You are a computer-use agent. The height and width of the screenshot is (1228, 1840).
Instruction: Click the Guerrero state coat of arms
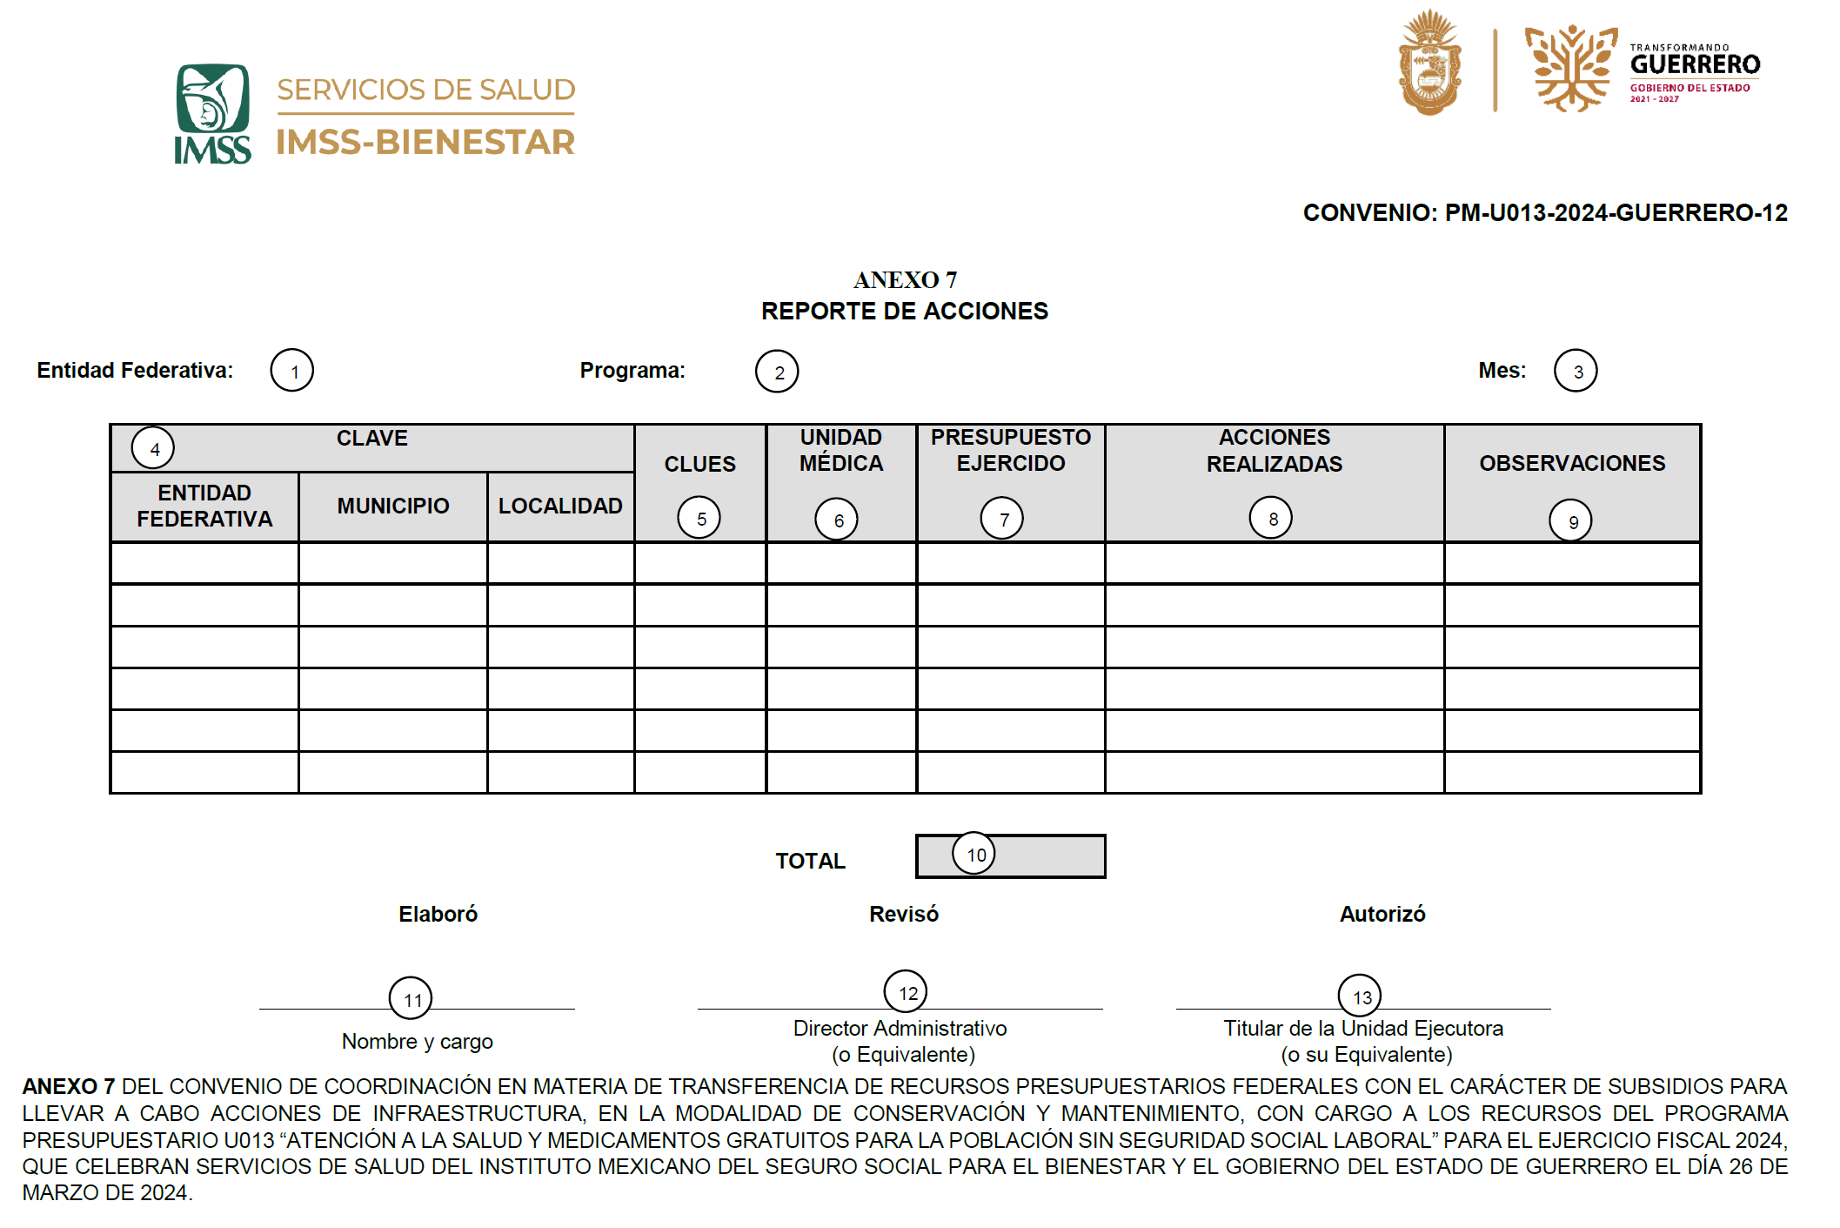(1429, 63)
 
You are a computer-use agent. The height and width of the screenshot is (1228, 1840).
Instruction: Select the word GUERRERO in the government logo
(1695, 64)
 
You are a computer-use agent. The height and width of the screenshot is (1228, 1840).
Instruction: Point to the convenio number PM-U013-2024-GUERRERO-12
(1616, 213)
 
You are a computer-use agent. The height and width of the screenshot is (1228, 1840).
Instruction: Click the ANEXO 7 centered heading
(905, 280)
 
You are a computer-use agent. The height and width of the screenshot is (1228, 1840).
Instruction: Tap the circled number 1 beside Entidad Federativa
(292, 372)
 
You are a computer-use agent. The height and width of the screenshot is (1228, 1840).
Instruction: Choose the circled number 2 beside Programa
(777, 372)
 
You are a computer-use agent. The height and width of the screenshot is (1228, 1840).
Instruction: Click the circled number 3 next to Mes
(1576, 372)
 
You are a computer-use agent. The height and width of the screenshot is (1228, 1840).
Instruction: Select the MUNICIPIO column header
(393, 507)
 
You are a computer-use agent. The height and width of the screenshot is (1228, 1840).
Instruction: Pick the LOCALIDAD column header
(560, 507)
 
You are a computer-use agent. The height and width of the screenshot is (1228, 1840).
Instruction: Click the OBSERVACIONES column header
(1572, 464)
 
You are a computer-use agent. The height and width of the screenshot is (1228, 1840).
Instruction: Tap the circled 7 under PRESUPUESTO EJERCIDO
(1002, 520)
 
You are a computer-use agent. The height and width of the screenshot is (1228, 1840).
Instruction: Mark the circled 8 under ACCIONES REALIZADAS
(1271, 519)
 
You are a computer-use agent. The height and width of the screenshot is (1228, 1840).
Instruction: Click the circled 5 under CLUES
(699, 519)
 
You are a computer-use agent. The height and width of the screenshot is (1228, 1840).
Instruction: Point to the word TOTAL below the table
(810, 862)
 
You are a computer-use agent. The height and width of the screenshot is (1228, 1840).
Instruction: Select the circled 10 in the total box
(974, 855)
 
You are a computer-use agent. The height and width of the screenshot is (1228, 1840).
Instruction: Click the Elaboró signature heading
(438, 915)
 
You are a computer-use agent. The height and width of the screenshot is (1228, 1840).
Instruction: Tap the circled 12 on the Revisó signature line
(906, 992)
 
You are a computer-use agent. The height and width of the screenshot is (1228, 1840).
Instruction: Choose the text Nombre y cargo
(418, 1042)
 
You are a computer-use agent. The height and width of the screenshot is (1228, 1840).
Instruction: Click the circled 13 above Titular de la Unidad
(1360, 996)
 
